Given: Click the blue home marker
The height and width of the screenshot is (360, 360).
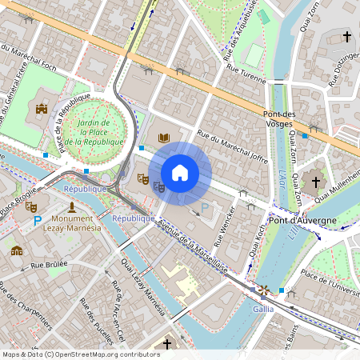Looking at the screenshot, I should [x=179, y=172].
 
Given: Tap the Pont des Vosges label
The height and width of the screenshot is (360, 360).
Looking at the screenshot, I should [x=286, y=118].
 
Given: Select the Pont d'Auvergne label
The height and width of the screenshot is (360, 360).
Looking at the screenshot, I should [x=303, y=220].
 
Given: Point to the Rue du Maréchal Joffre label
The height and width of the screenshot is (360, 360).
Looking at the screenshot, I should [x=232, y=151].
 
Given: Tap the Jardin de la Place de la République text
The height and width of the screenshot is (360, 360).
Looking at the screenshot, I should [x=94, y=132].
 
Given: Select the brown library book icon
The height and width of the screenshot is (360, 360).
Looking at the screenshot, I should [x=164, y=138].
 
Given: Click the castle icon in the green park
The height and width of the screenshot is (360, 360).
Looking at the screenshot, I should [x=42, y=108].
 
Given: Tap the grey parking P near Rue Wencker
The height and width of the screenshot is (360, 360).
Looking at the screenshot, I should [x=205, y=208].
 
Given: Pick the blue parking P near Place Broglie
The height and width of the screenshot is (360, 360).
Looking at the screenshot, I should [x=37, y=218].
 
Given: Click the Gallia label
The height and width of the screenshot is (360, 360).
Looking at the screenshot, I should [x=263, y=308].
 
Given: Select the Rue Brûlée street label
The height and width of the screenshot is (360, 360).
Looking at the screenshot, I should [x=49, y=263].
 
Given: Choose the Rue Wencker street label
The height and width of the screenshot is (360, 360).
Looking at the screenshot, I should [x=226, y=226].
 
